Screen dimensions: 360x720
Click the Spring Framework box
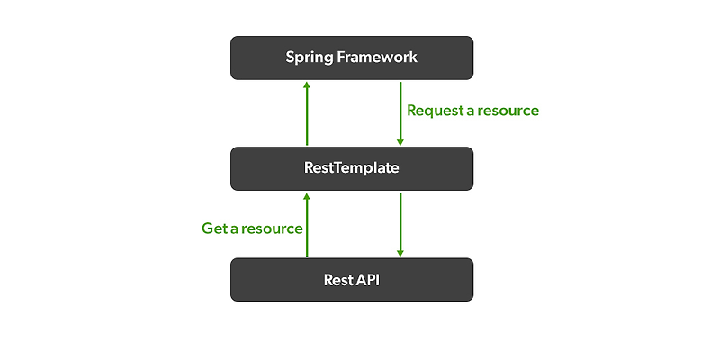(352, 58)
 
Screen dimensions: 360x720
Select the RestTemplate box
(352, 168)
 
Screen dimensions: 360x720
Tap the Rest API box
(352, 279)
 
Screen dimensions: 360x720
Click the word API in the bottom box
(369, 279)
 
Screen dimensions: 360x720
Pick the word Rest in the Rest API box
(338, 279)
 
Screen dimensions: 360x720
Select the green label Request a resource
(472, 111)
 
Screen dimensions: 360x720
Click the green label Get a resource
(252, 229)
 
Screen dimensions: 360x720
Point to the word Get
(214, 229)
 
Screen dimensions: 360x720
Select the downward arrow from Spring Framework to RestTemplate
(400, 113)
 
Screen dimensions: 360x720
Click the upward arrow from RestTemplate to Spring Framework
(307, 113)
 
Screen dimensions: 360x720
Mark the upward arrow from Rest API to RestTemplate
(307, 224)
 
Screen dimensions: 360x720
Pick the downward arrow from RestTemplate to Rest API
(400, 224)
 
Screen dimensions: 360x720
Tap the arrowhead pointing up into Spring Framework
(307, 85)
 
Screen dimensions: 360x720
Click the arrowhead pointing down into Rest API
(400, 253)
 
